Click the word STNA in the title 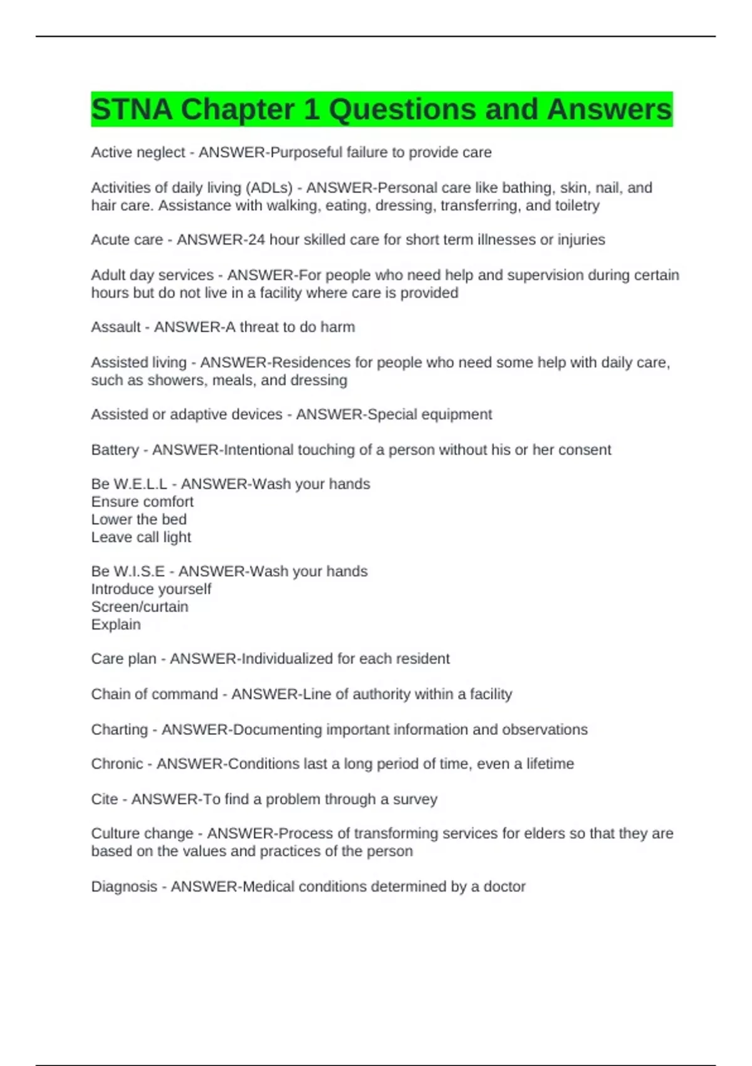coord(132,110)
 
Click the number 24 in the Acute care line coord(256,240)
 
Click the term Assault coord(116,327)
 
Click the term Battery coord(115,450)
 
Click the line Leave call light coord(141,537)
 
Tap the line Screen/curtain coord(140,607)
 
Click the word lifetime coord(550,764)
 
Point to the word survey coord(415,799)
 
